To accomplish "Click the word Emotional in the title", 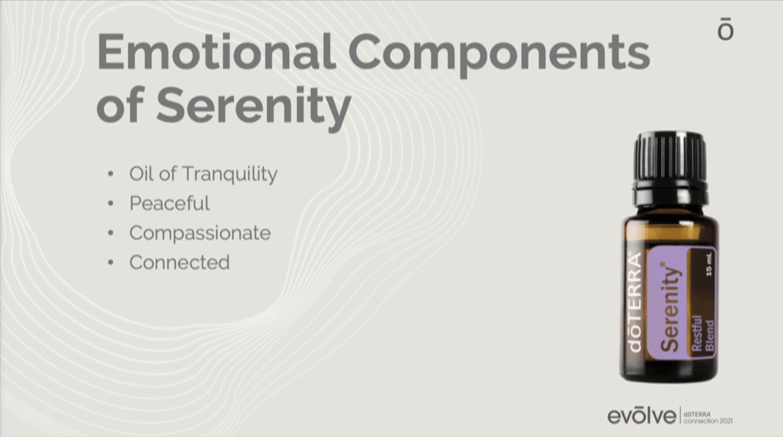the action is point(216,51).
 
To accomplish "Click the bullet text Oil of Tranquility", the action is point(203,174).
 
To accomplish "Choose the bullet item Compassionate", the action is point(200,233).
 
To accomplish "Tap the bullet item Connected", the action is point(180,262).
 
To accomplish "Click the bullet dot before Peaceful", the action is point(111,203).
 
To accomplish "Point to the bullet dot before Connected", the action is point(111,262).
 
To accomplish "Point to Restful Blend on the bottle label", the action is point(703,333).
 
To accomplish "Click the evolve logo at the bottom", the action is point(641,415).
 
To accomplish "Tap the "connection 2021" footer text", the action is point(708,421).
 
